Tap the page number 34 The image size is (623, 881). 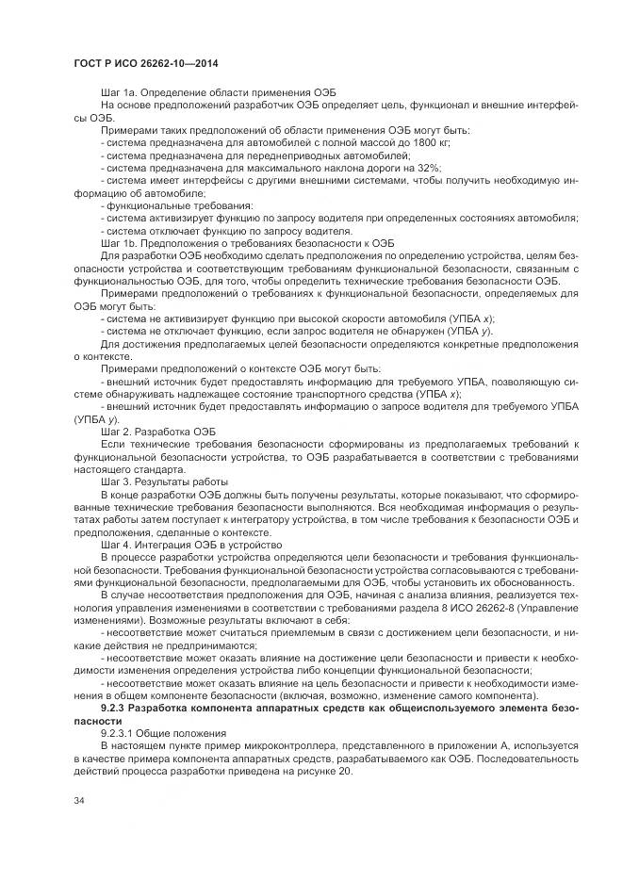(79, 800)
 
